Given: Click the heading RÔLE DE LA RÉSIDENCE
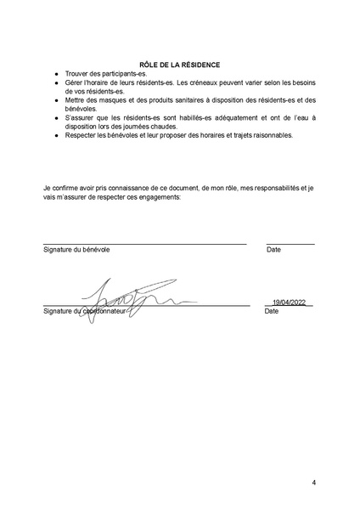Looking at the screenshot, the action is [x=179, y=64].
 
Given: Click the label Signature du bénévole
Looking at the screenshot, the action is [x=76, y=250].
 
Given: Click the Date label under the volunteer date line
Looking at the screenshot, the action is [x=273, y=250].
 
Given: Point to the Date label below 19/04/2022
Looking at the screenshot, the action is [x=272, y=311].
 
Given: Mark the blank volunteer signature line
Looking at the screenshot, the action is [x=144, y=244].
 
